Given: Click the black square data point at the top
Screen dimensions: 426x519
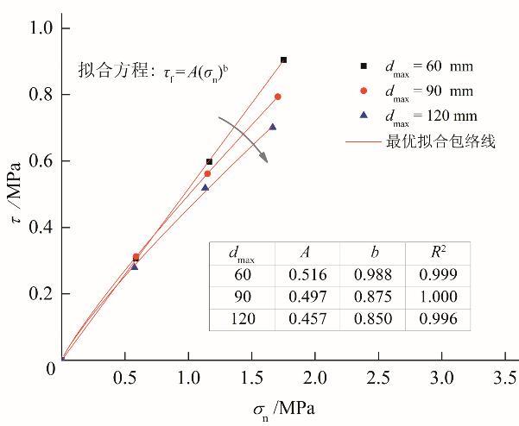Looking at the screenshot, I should point(283,60).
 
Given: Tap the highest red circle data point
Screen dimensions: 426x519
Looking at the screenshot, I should point(277,97).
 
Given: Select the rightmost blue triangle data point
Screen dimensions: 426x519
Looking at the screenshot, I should point(272,127).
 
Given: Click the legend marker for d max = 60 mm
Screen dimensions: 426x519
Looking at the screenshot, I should point(364,66).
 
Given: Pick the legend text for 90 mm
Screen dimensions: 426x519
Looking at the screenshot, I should point(429,91).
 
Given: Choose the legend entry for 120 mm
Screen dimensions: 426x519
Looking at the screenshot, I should point(429,116).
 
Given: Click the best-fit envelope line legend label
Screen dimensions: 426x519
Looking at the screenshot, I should point(440,141).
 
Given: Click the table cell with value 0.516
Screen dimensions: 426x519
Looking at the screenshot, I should point(306,275).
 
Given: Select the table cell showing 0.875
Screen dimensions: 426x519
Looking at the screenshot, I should point(373,298).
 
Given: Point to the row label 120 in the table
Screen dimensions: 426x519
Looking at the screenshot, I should point(241,320).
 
